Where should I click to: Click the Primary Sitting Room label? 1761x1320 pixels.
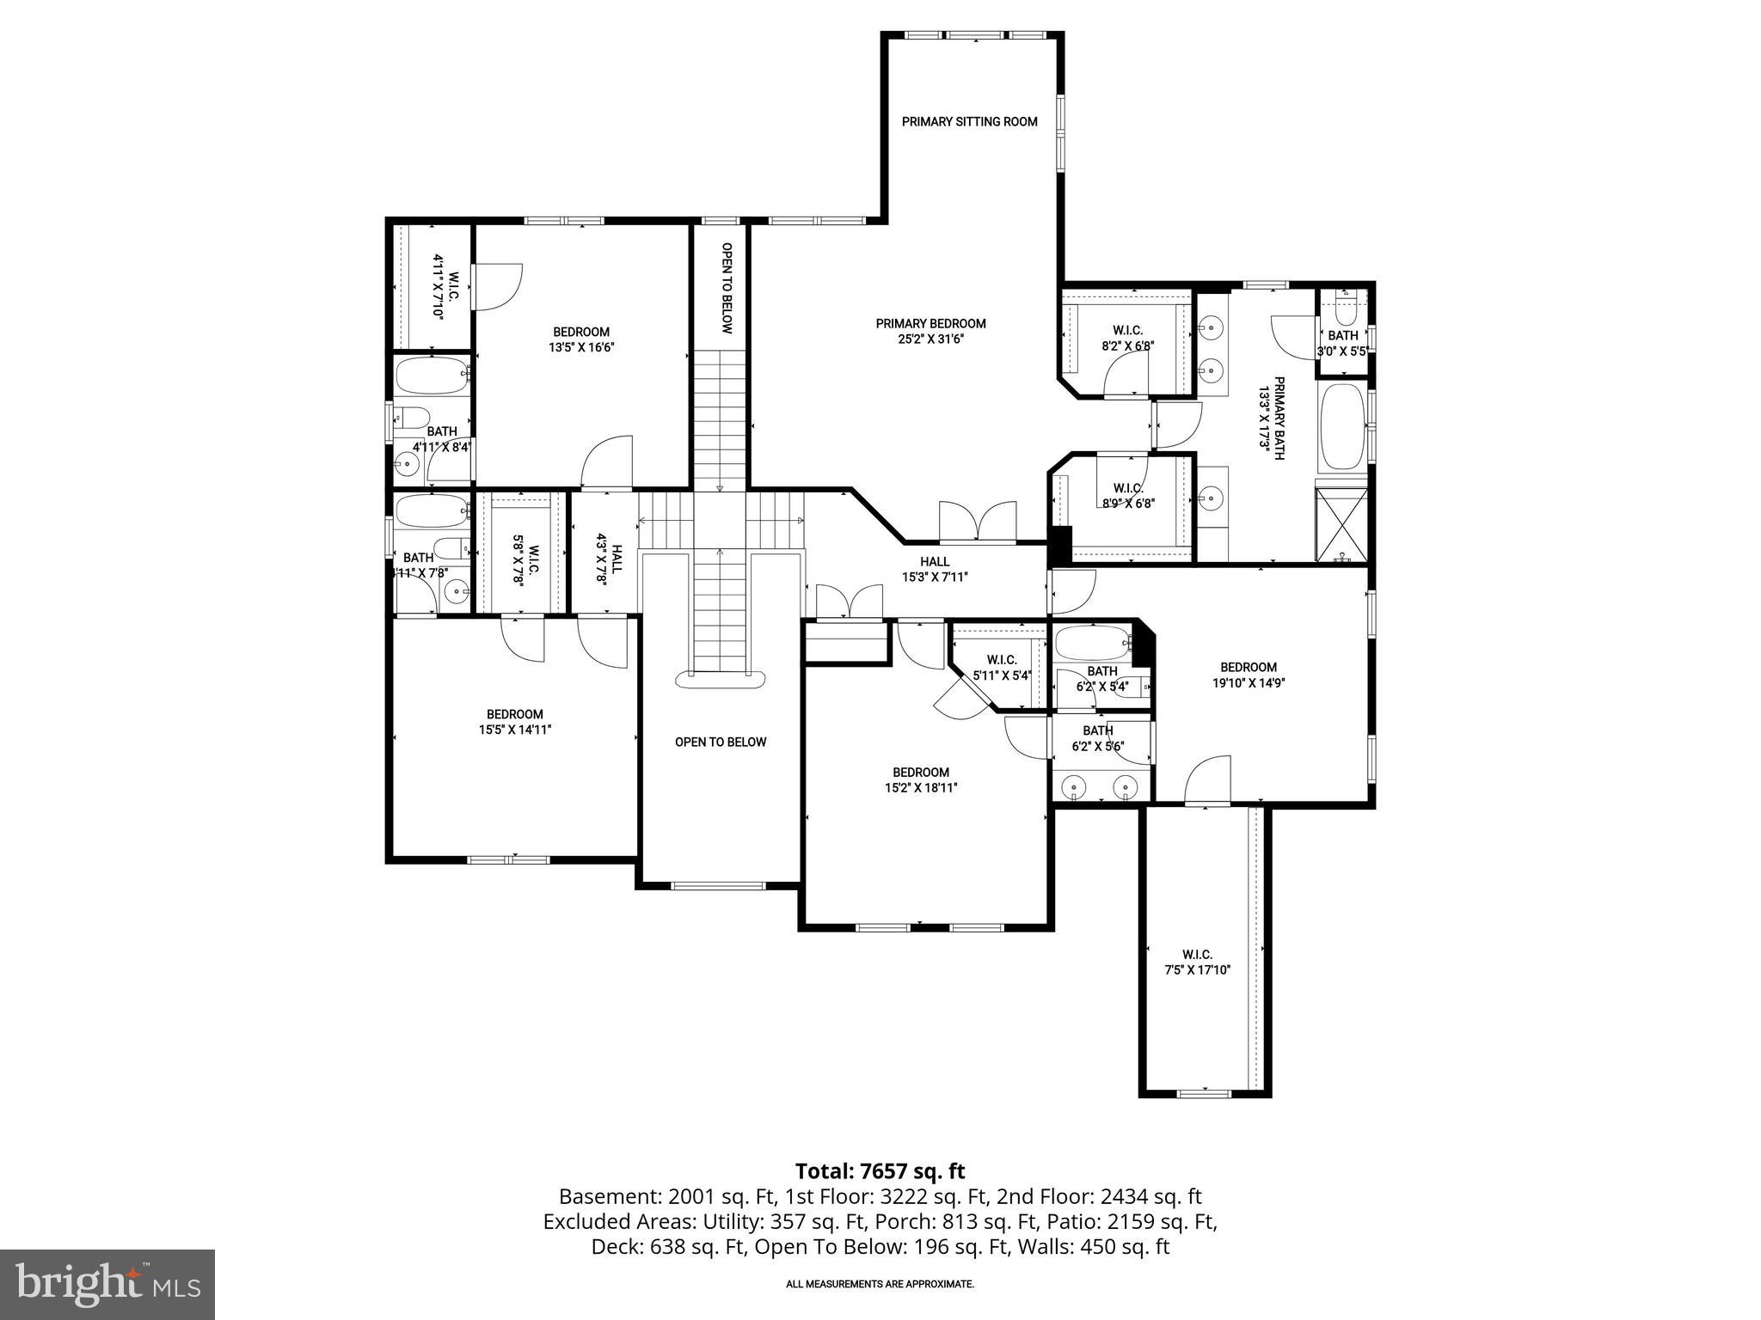(969, 122)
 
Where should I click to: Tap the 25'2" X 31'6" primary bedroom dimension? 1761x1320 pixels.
(930, 339)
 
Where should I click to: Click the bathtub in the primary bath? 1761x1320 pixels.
(1342, 426)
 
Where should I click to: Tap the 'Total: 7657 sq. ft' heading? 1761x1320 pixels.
(880, 1170)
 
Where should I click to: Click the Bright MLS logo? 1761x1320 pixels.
(107, 1284)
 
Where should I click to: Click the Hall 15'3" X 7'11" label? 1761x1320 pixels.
(935, 570)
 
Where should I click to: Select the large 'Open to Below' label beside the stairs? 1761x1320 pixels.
(720, 742)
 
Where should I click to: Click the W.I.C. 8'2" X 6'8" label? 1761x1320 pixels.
(1127, 338)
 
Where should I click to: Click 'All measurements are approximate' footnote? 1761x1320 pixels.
(880, 1284)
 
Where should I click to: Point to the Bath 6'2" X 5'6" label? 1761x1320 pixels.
(1098, 739)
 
